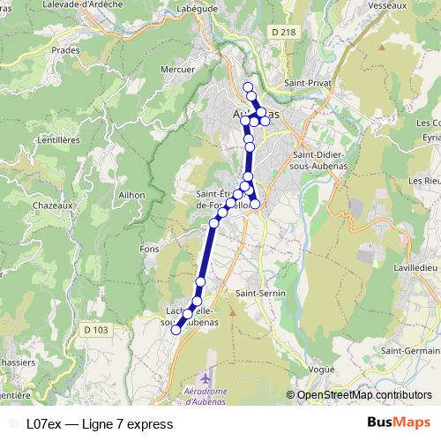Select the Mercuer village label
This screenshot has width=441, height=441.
coord(177,68)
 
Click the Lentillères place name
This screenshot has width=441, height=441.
coord(59,139)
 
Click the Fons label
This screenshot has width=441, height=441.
coord(149,249)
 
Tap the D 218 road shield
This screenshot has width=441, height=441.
coord(283,33)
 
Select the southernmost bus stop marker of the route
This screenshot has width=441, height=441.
coord(176,331)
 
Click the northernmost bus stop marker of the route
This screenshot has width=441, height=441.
coord(248,87)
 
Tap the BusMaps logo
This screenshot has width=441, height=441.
coord(399,423)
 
